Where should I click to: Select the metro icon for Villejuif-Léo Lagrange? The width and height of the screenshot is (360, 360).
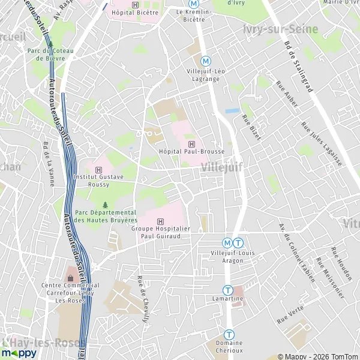[x=206, y=61]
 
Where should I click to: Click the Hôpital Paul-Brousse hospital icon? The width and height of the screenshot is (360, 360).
[x=191, y=144]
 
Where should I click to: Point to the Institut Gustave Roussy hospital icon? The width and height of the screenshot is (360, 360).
[x=98, y=170]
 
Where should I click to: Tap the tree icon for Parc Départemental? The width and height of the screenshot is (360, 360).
[x=106, y=205]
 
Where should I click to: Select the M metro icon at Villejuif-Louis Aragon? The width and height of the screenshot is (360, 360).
[x=227, y=243]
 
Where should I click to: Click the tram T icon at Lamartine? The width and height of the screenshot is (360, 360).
[x=227, y=290]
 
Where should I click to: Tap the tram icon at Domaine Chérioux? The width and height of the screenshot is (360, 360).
[x=229, y=334]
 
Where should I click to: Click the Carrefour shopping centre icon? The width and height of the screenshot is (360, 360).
[x=71, y=278]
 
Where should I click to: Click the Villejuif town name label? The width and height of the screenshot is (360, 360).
[x=223, y=167]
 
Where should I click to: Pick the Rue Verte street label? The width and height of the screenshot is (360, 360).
[x=290, y=314]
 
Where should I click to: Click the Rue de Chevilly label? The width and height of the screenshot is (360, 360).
[x=143, y=298]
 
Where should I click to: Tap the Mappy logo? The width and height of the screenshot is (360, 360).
[x=19, y=353]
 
